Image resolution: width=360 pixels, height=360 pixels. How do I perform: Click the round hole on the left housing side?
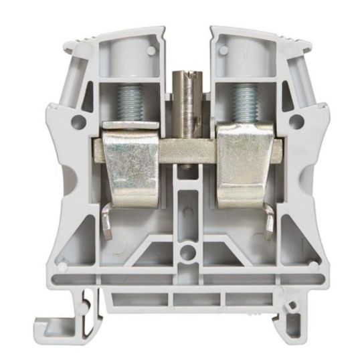tap(79, 121)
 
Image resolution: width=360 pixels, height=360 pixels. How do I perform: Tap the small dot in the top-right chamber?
tap(223, 48)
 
